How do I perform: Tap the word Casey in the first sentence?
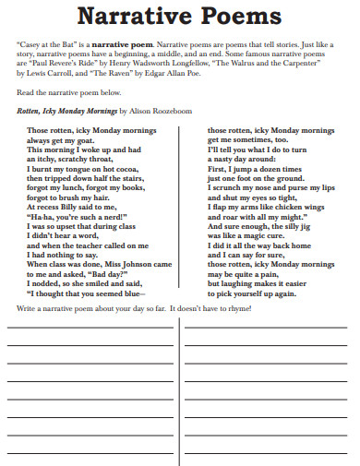32,43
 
